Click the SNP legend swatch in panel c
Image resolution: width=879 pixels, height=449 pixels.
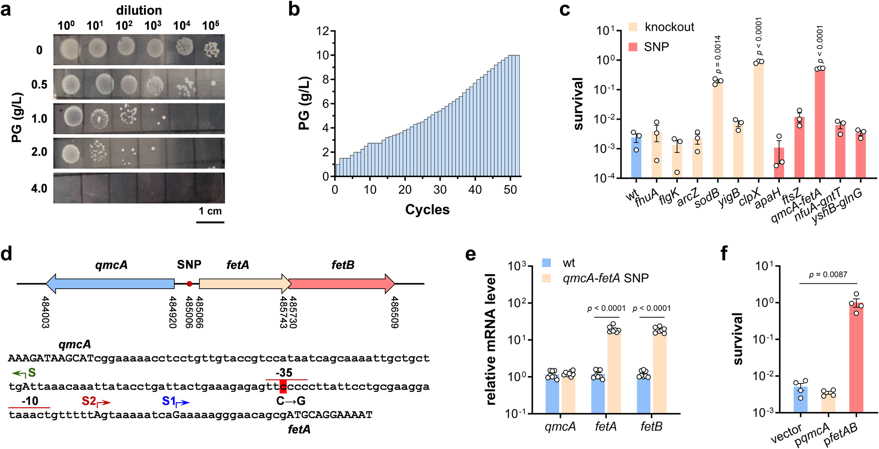pos(633,47)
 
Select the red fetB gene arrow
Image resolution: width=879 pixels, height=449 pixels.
pos(341,283)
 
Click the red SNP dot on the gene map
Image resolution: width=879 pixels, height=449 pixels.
pos(189,283)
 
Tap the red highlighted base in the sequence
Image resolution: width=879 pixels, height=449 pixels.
pos(283,386)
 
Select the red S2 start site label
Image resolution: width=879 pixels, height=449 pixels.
pos(89,401)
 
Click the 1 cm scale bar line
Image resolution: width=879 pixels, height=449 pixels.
pos(210,222)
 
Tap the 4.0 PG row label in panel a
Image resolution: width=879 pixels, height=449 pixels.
pos(39,188)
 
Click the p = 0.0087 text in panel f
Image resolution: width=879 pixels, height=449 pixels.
pos(828,275)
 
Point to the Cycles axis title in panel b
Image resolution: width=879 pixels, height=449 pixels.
pos(427,210)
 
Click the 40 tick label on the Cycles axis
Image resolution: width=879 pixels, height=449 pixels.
pos(475,190)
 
